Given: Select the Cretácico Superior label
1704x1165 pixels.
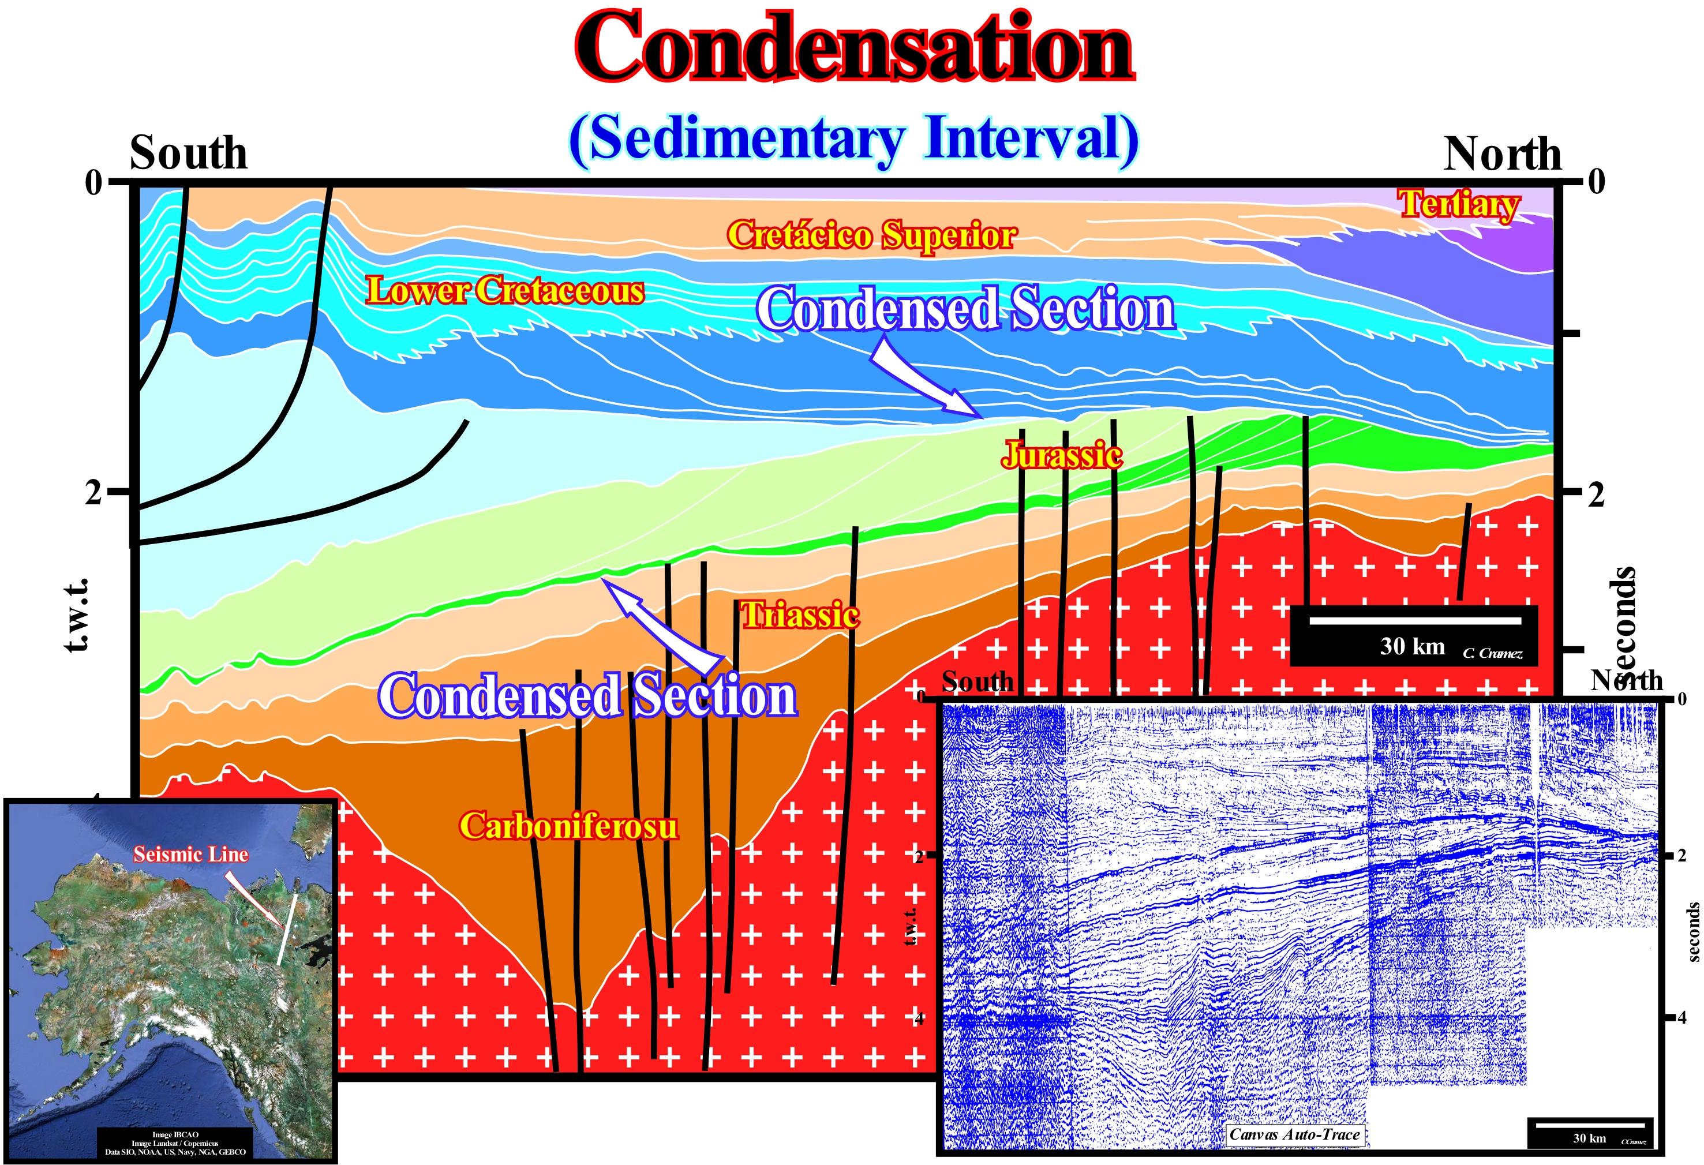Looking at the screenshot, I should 871,235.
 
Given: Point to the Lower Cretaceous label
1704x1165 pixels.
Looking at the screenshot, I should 504,291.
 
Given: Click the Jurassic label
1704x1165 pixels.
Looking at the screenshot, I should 1062,455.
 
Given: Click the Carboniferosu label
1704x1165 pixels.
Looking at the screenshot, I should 568,826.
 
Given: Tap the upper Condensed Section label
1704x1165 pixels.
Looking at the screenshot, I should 965,309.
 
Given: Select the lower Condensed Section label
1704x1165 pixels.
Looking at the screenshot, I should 587,696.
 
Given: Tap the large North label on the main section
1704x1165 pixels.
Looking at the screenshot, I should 1503,154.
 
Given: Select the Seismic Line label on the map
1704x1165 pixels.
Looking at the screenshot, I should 190,854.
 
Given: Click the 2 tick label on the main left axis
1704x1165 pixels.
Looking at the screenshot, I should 93,493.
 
